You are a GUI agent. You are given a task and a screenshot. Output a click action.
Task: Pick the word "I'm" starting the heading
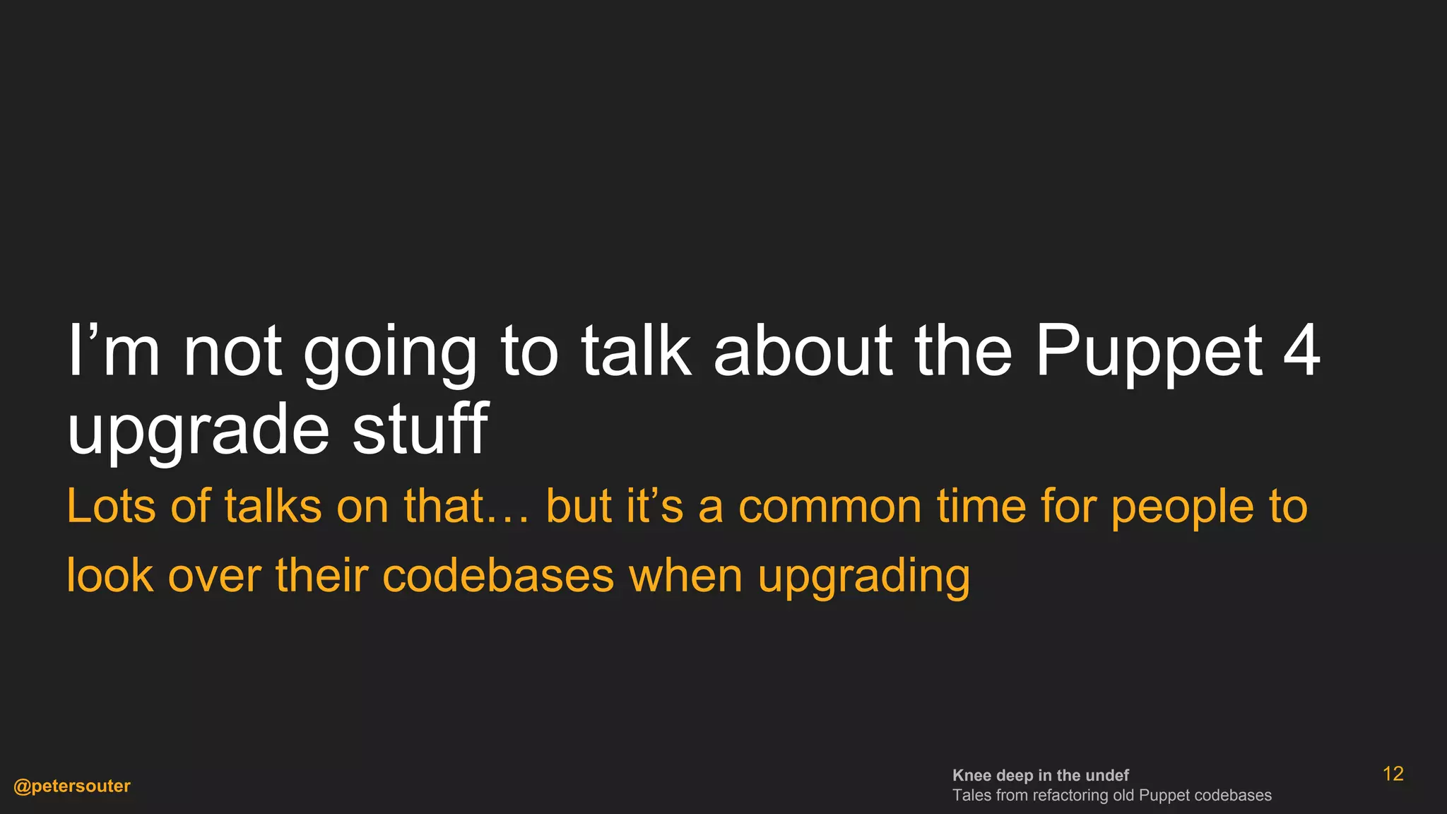pos(113,350)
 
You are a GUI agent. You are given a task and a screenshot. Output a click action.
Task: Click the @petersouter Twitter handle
pos(72,786)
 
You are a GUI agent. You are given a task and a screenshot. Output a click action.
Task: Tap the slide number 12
pos(1393,774)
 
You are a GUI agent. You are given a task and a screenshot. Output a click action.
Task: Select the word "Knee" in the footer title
pos(971,775)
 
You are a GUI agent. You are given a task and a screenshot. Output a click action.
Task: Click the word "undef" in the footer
pos(1107,775)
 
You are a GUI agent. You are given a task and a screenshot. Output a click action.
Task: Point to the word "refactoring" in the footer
pos(1070,796)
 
